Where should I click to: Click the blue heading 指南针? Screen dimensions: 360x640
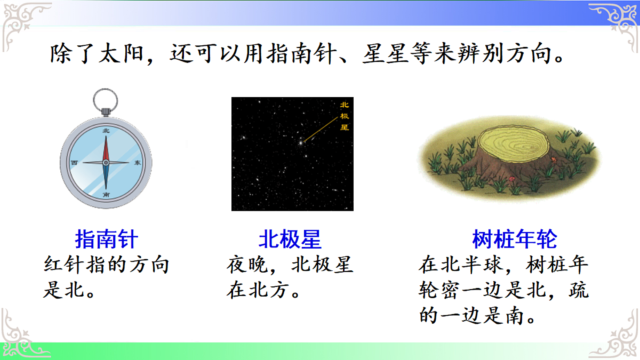pos(107,239)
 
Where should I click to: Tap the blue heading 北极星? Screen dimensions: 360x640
pos(290,239)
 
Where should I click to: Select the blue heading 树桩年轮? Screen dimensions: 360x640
pos(515,239)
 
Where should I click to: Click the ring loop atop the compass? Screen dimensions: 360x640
pos(106,100)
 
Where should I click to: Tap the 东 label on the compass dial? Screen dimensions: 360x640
pos(138,162)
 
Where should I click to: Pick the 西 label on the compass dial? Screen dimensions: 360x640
pos(74,162)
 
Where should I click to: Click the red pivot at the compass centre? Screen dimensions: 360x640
pos(106,162)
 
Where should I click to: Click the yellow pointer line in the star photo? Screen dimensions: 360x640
pos(320,130)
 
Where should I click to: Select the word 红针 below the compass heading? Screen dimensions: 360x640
pos(58,265)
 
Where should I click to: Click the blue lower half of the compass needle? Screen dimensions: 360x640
pos(106,176)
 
